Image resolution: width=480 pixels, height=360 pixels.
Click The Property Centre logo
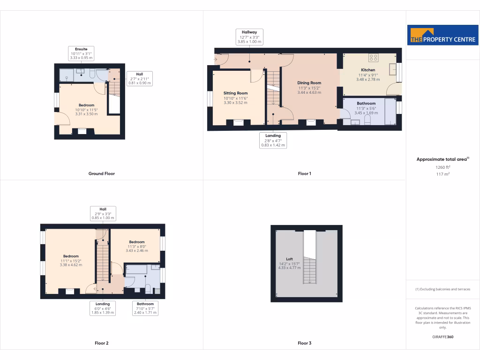[x=442, y=36]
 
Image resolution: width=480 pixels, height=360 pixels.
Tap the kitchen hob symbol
[x=374, y=58]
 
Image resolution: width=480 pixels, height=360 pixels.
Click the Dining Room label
[x=309, y=83]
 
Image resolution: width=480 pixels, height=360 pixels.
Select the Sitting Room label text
[x=235, y=93]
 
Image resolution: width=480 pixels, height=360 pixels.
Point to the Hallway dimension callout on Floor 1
[x=249, y=37]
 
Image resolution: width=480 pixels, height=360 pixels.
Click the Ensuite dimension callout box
[x=81, y=53]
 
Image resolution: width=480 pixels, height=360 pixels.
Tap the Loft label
[x=289, y=259]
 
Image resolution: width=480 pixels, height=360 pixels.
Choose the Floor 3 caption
[x=304, y=343]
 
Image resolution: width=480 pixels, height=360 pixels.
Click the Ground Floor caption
[x=102, y=173]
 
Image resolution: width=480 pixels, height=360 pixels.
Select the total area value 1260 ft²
[x=442, y=167]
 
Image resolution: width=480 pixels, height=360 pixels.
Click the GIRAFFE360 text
[x=442, y=337]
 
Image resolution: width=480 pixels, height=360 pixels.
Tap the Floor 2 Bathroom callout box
[x=145, y=308]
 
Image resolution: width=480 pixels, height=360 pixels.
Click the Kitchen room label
[x=368, y=70]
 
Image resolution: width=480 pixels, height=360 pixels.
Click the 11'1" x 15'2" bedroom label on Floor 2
[x=71, y=256]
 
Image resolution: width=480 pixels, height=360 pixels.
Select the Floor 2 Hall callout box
[x=103, y=213]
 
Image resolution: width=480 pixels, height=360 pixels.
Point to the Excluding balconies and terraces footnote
[x=442, y=289]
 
